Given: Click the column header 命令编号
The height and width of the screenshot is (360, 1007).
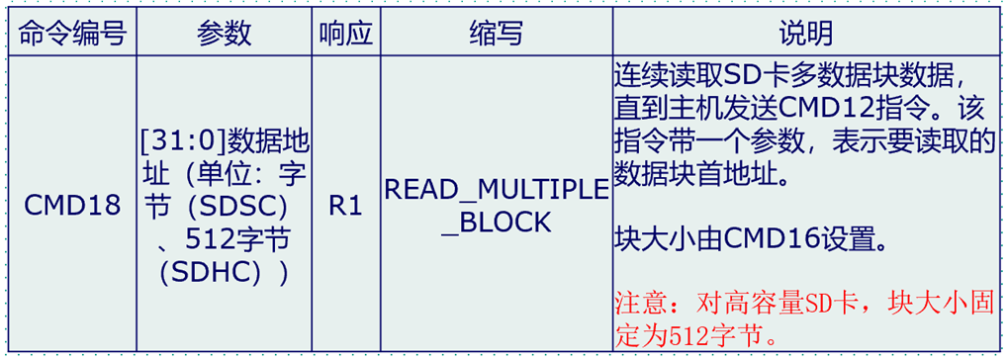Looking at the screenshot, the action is pos(71,33).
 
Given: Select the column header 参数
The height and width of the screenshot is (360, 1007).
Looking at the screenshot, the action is pos(225,33).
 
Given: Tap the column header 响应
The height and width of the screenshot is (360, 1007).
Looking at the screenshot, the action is pos(345,33).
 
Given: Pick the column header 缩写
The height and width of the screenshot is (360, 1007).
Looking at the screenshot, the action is pos(495,33).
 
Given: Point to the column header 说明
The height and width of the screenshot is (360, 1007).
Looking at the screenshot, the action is pos(805,33).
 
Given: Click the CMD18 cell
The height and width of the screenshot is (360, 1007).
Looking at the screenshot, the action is pos(72,205).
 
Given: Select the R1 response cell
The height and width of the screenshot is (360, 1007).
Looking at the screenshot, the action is pos(345,205).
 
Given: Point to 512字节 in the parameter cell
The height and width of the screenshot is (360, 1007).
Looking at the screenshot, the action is pos(241,239).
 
